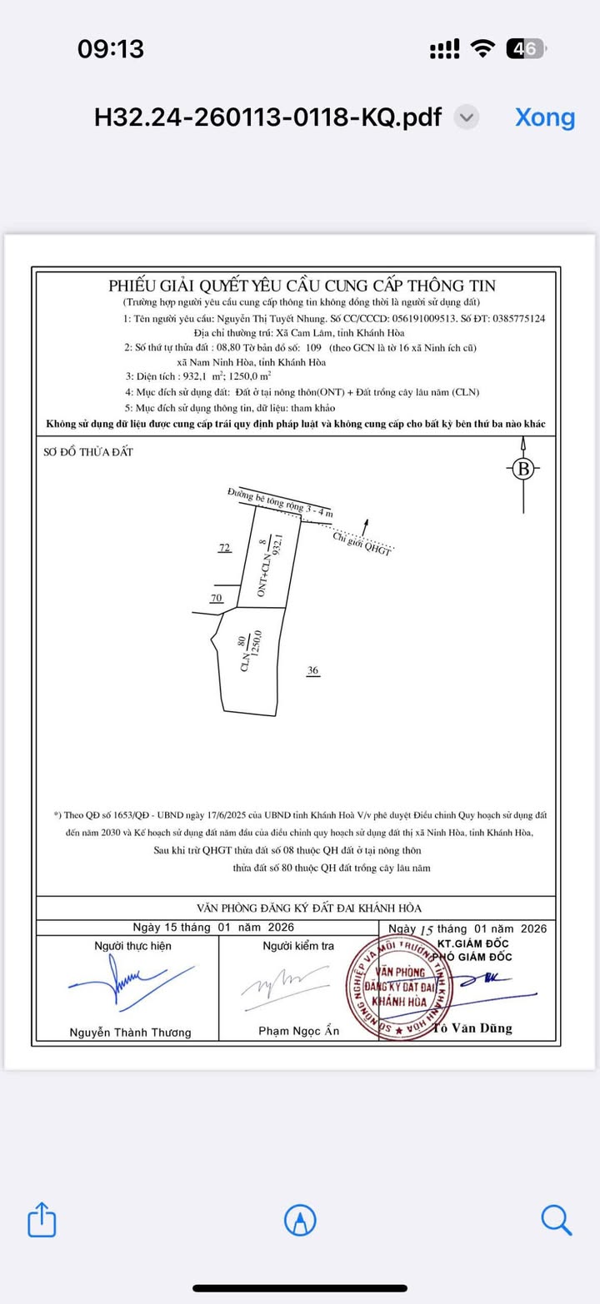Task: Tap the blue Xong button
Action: click(545, 117)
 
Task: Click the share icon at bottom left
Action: click(42, 1221)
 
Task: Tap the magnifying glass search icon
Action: click(556, 1220)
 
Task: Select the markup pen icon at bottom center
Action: click(300, 1220)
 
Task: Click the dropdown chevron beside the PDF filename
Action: click(467, 117)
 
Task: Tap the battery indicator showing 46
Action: click(526, 49)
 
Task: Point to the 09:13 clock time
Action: click(111, 49)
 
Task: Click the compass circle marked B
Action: click(523, 470)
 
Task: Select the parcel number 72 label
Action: click(224, 548)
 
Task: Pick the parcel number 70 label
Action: click(217, 598)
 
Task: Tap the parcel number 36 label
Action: click(312, 670)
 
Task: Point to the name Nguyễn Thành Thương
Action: click(130, 1033)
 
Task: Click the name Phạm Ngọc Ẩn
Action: click(299, 1032)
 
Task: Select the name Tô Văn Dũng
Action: click(473, 1028)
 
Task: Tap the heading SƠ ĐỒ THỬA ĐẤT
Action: click(88, 452)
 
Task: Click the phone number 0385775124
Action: click(516, 318)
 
